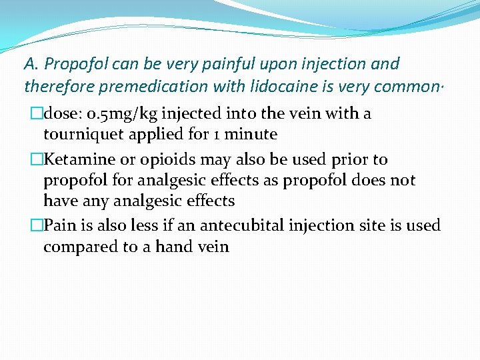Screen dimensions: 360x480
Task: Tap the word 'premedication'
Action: tap(148, 87)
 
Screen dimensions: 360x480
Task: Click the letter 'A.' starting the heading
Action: tap(31, 64)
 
